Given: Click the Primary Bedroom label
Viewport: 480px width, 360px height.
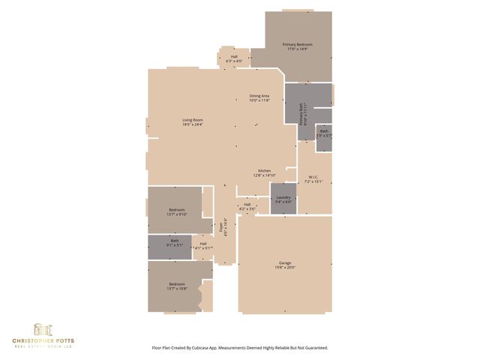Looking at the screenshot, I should click(x=297, y=45).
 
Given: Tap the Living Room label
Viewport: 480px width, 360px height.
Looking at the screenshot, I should click(x=192, y=120).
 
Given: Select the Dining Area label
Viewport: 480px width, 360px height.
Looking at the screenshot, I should click(x=260, y=96).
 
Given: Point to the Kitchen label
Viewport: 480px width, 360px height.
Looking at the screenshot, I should click(x=265, y=170).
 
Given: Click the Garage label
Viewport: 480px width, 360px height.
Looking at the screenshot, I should click(x=284, y=262).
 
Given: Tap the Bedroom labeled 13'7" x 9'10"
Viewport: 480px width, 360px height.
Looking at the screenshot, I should click(x=177, y=209).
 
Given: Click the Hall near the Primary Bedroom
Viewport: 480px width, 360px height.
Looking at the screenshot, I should click(x=234, y=56).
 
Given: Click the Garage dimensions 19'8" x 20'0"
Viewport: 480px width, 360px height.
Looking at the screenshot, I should click(x=284, y=267).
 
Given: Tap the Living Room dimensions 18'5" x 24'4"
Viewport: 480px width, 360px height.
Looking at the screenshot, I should click(x=192, y=124).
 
